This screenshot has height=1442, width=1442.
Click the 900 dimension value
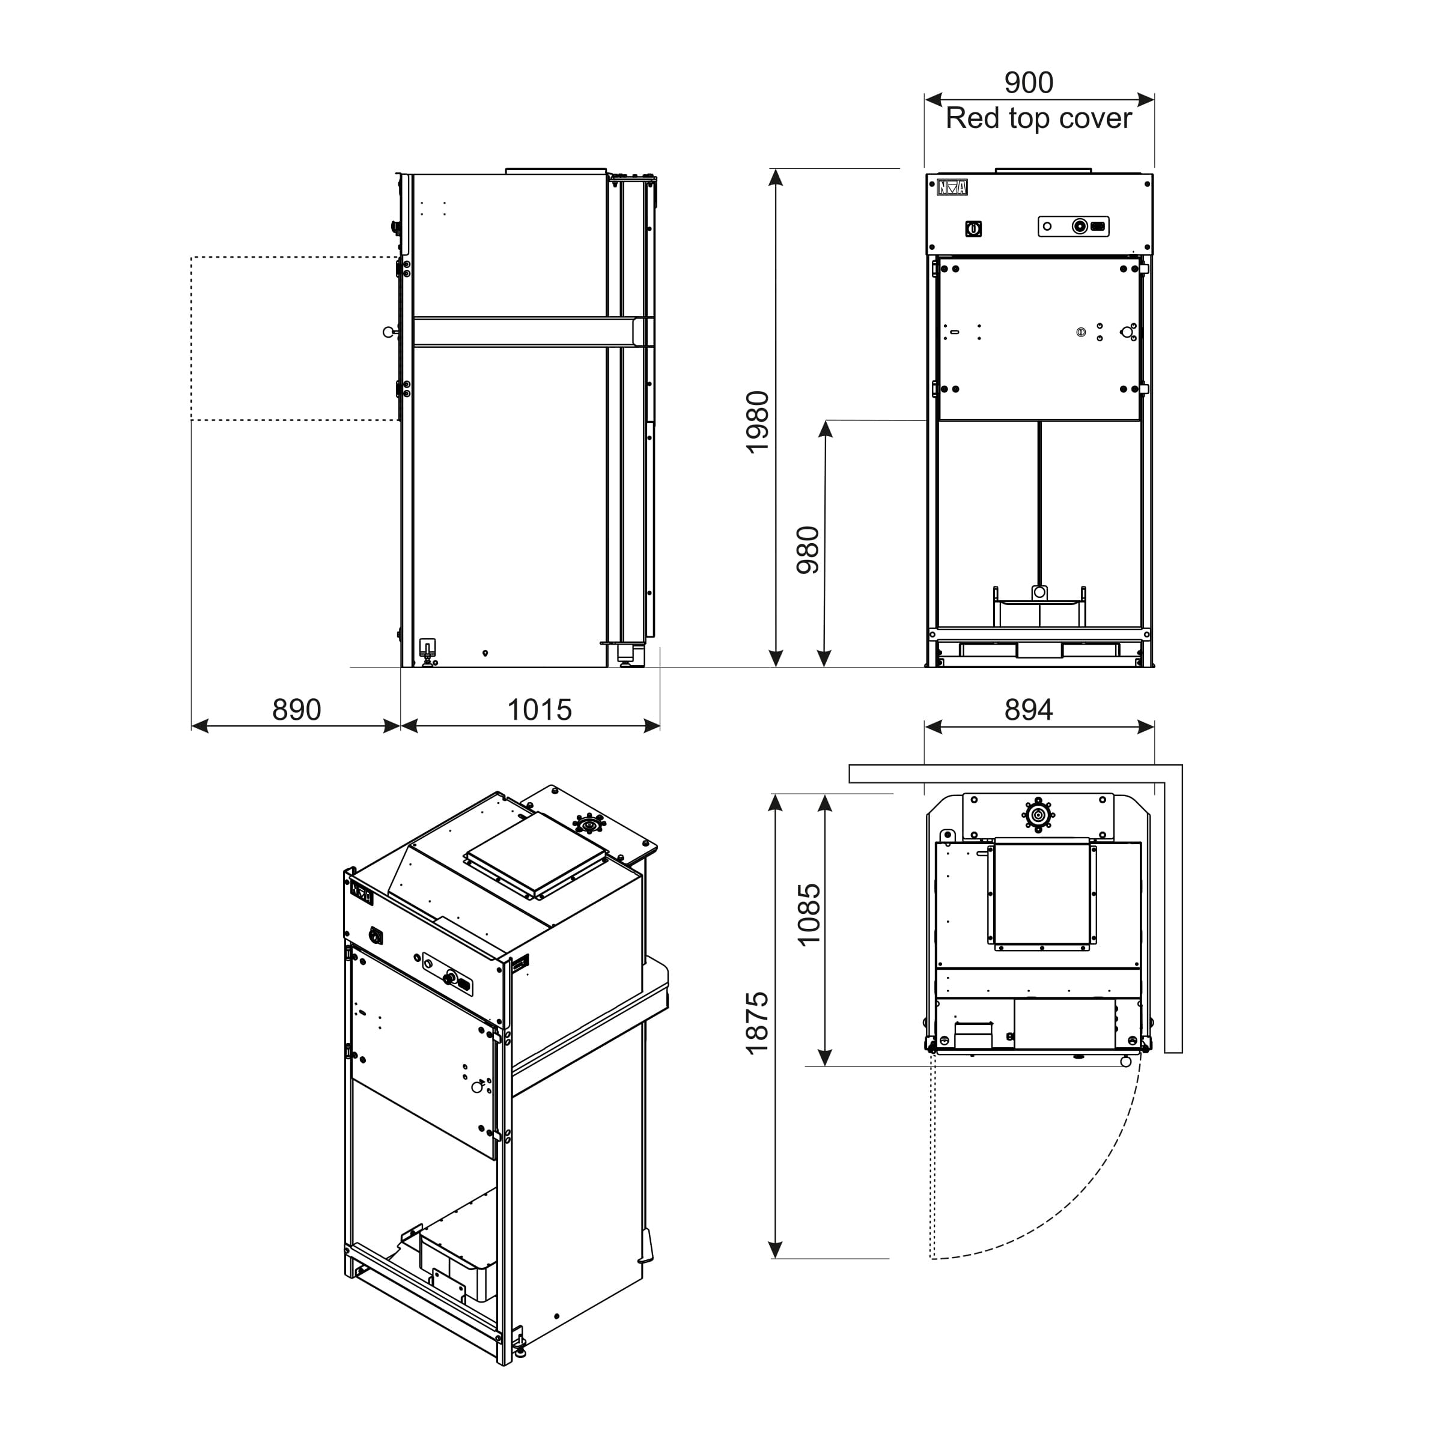point(1028,82)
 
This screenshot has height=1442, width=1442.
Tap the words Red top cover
point(1038,118)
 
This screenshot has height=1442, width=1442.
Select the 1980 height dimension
point(758,422)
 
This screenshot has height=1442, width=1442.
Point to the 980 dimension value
point(808,550)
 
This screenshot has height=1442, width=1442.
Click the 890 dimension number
point(296,709)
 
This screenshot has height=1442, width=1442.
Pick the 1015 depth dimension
point(539,709)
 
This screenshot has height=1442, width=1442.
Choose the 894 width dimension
point(1028,709)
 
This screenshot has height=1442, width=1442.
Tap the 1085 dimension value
point(808,915)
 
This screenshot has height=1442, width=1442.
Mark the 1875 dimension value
point(758,1023)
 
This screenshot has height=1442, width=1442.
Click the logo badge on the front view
point(952,187)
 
